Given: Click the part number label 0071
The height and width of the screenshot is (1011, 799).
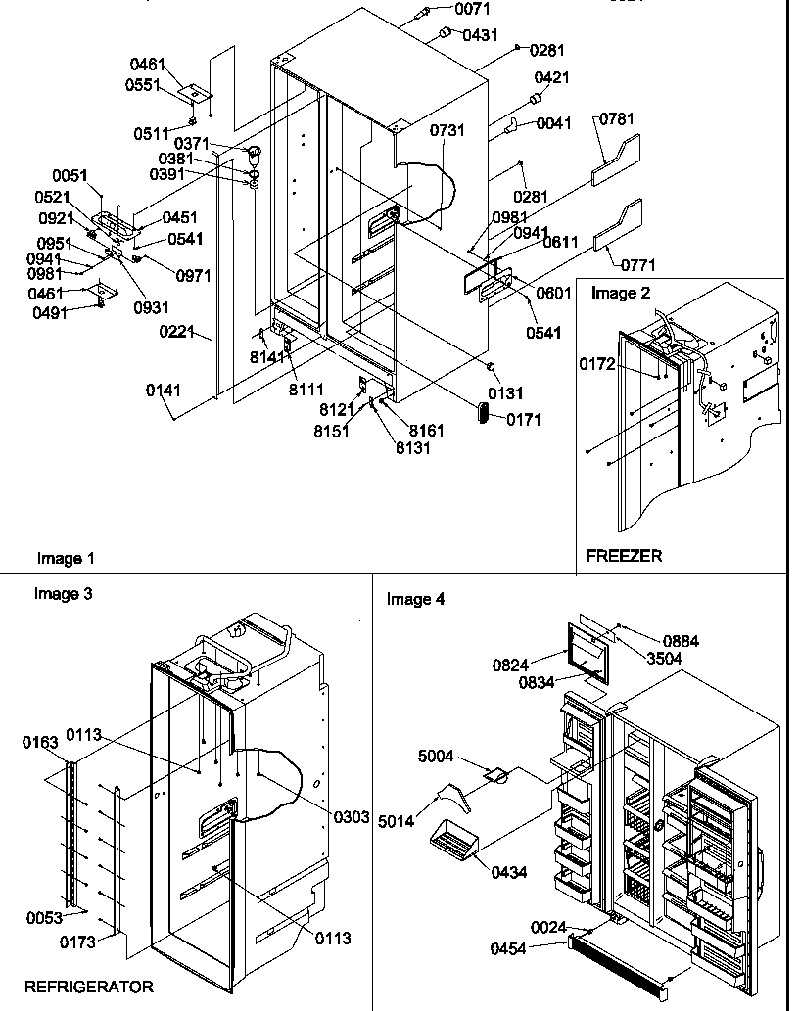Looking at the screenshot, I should pos(472,9).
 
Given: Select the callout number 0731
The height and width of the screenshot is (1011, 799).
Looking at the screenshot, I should pos(446,129).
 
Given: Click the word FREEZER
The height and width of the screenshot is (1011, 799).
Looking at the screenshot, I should pos(624,555).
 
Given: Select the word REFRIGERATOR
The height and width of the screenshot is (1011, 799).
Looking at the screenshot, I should pos(88,987).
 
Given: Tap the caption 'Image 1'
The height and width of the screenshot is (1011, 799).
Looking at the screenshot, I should pos(66,558).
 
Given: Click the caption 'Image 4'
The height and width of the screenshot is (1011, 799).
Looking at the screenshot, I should pos(415,599).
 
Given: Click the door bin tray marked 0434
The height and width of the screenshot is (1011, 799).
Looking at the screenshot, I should pos(454,840).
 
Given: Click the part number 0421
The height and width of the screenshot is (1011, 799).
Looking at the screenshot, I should pos(552,78).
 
